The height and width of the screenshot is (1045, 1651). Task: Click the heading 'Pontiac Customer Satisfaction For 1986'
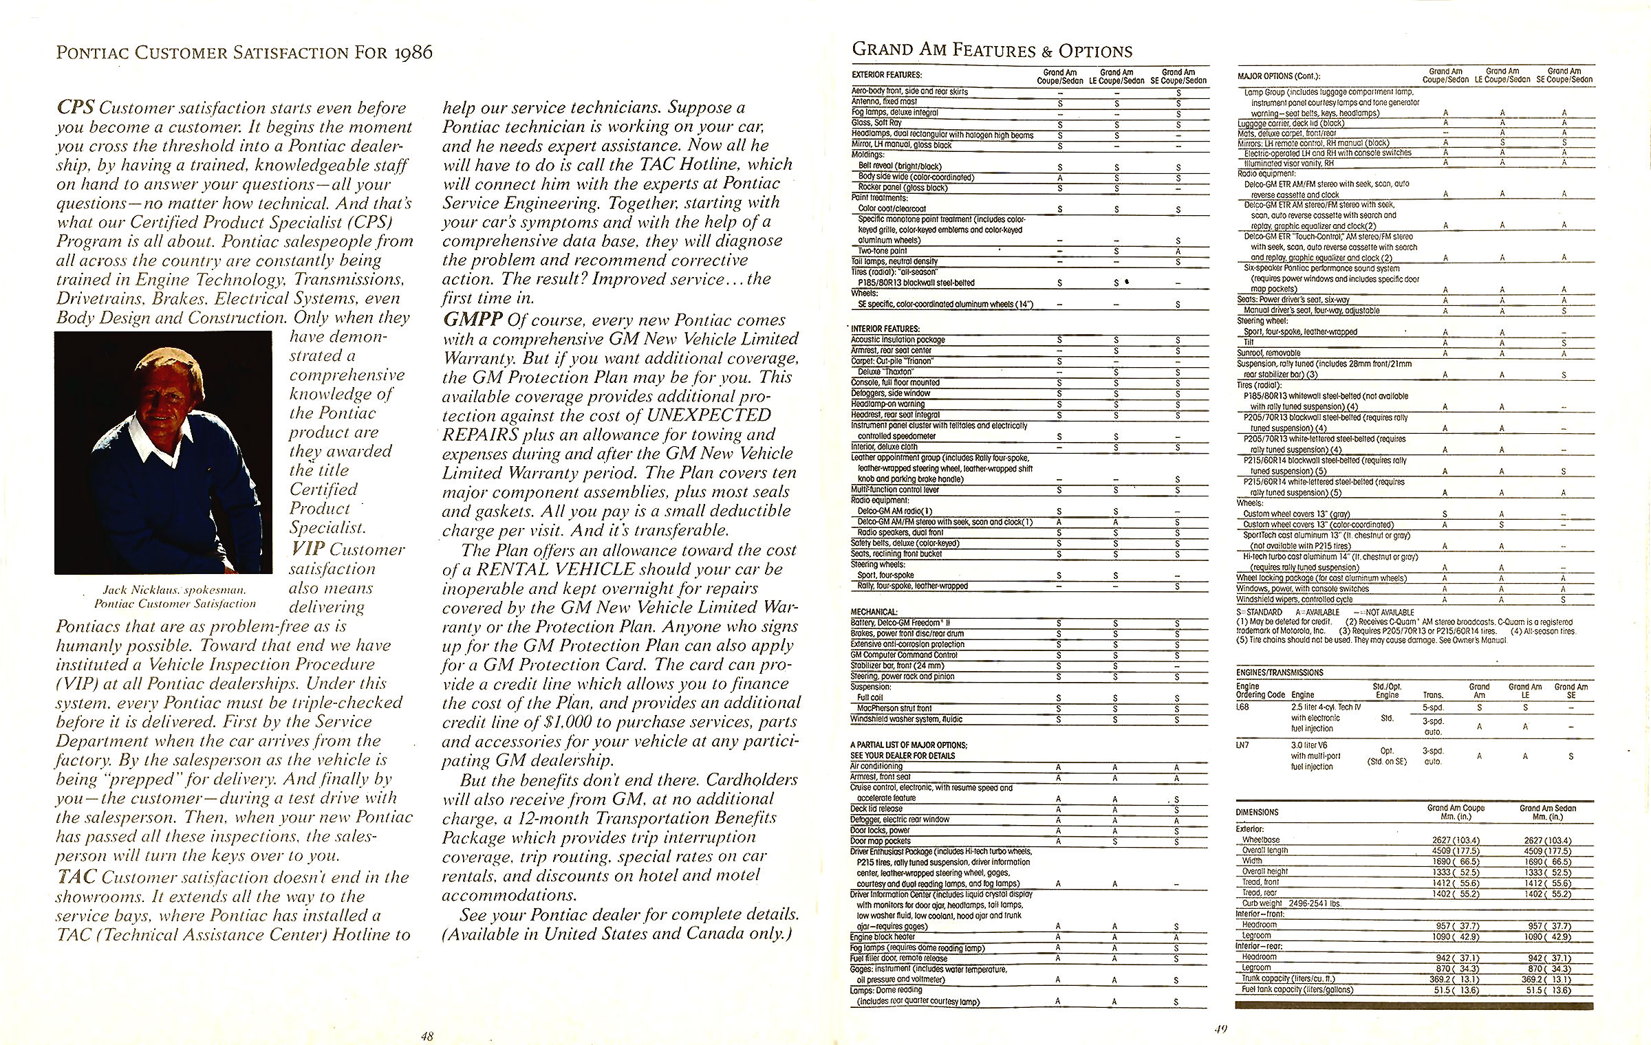[x=244, y=53]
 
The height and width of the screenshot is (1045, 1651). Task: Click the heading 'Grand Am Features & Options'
[x=992, y=50]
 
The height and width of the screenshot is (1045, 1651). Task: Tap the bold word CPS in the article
[x=75, y=108]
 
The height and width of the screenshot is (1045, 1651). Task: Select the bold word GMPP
[x=471, y=320]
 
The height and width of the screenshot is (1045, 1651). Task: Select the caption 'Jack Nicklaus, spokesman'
[x=175, y=590]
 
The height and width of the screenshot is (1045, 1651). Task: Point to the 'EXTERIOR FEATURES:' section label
[x=887, y=75]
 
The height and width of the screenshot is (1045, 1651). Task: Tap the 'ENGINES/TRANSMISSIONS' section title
[x=1280, y=672]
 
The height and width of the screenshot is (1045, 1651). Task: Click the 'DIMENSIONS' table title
[x=1258, y=812]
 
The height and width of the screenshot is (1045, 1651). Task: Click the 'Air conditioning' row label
[x=876, y=766]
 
